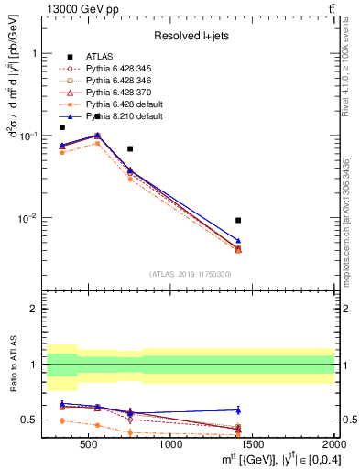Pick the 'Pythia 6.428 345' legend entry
click(124, 69)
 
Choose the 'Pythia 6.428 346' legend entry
click(124, 81)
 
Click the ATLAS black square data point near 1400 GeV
click(238, 220)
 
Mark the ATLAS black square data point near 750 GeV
click(130, 148)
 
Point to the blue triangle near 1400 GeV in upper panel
click(238, 241)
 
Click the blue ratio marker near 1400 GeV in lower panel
click(238, 409)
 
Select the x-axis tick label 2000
click(332, 444)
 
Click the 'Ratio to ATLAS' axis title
click(12, 366)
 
